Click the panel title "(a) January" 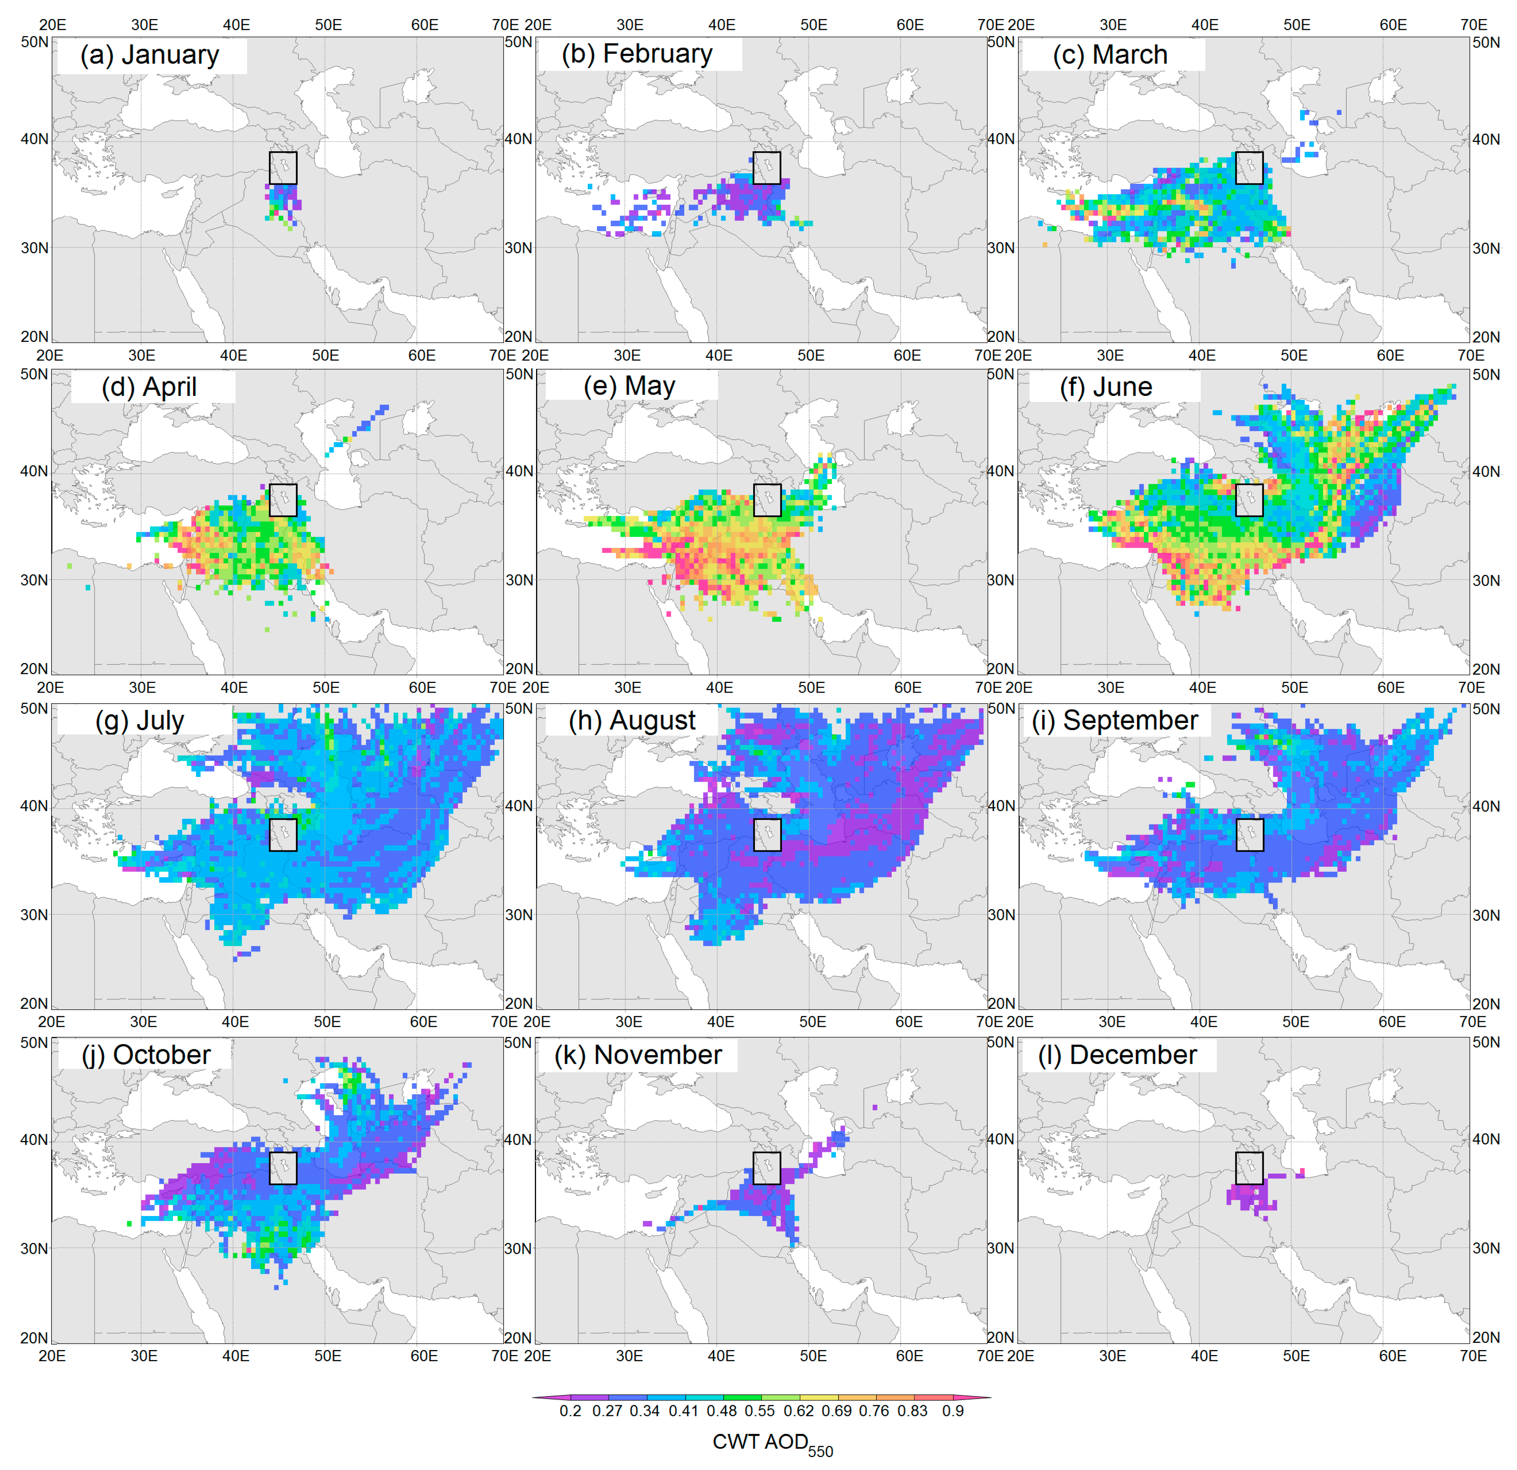pos(150,55)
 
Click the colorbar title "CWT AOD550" pos(772,1443)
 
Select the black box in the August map pos(767,835)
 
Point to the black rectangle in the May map pos(767,500)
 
